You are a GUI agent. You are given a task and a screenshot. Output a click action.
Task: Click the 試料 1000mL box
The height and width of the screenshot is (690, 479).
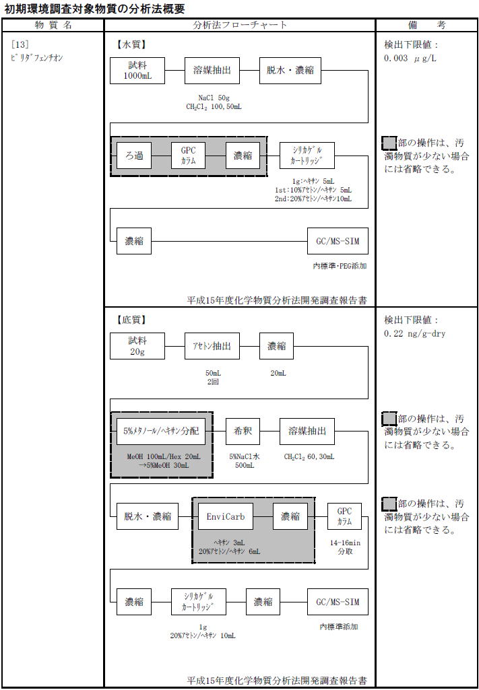[x=137, y=71]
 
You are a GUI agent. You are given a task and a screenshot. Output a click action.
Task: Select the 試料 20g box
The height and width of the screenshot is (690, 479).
[x=137, y=347]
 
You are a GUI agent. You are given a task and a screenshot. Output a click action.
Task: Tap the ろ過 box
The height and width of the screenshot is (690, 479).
[x=134, y=156]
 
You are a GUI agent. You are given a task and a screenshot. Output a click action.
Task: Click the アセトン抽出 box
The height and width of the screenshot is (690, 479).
[x=212, y=347]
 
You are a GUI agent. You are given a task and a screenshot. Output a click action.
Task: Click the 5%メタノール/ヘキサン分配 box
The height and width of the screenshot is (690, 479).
[x=161, y=431]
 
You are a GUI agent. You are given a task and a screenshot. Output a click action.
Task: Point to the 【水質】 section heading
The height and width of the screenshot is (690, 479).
[x=132, y=45]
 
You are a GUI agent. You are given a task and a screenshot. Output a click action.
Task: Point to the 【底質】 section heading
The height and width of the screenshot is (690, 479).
[x=132, y=320]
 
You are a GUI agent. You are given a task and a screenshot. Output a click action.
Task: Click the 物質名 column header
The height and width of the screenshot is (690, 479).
[x=53, y=25]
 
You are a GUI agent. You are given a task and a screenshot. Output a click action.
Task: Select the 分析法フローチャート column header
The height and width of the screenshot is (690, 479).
[x=240, y=25]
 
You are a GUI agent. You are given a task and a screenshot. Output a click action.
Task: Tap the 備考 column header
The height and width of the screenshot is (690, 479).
[x=426, y=25]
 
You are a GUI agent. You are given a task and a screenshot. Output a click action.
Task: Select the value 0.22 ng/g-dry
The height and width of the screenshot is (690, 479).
[x=414, y=333]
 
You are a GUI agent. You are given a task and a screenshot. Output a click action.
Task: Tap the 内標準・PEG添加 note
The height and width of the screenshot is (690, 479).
[x=340, y=266]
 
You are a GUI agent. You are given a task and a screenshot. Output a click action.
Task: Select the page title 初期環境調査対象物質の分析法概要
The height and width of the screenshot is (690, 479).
[x=94, y=8]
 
